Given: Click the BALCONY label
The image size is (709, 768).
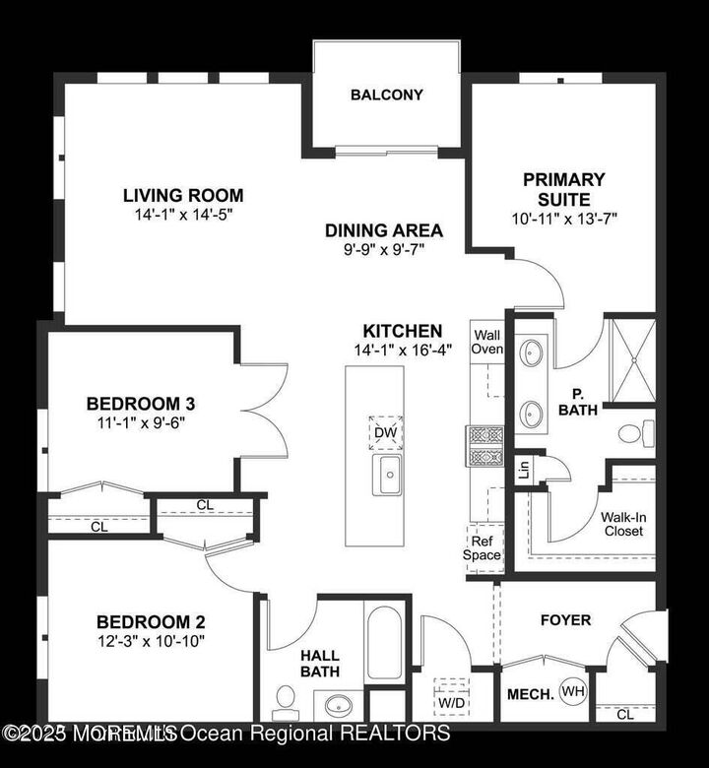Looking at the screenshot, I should (386, 96).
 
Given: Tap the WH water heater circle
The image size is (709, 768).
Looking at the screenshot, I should (572, 692).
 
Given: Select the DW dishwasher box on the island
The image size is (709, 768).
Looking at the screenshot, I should (386, 431).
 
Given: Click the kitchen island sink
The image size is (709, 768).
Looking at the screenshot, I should (387, 475).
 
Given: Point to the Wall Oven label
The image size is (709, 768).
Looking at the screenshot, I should (487, 341).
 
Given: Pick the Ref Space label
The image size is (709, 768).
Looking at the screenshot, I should (483, 546).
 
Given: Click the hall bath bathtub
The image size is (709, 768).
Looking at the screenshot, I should (384, 642).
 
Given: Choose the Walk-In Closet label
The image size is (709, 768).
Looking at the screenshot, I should (622, 523).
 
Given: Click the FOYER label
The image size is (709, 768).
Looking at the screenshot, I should (565, 620).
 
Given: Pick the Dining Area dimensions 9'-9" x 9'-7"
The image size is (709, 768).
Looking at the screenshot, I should (384, 250).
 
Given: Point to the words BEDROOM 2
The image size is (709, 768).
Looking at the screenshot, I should (150, 621).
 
